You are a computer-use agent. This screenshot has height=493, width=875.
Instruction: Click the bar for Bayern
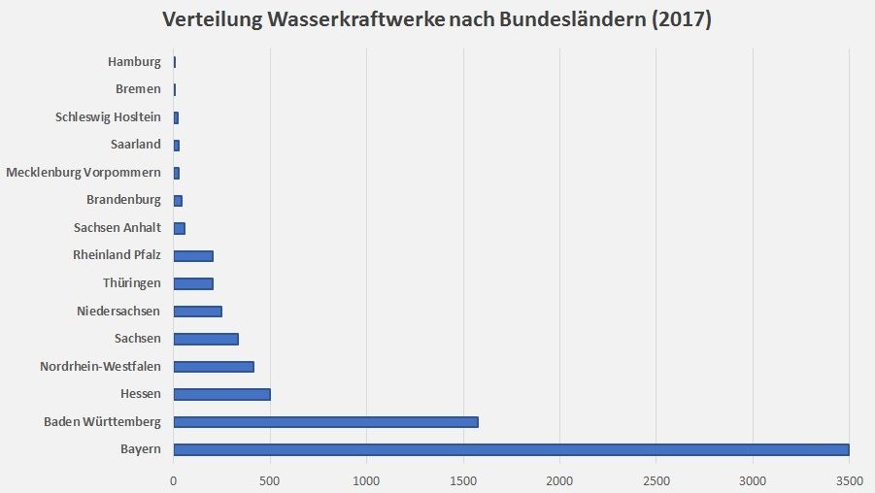click(511, 449)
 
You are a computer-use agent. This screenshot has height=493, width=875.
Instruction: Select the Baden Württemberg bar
click(325, 422)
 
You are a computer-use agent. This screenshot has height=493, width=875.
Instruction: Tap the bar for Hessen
click(221, 394)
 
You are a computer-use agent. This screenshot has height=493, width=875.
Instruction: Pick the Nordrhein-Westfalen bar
click(214, 367)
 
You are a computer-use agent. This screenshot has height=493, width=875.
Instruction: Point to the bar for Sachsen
click(206, 339)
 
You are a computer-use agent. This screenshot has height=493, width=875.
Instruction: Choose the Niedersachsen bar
click(197, 312)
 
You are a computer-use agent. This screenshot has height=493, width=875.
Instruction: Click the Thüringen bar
click(193, 283)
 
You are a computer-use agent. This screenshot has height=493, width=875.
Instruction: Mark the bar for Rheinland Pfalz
click(193, 256)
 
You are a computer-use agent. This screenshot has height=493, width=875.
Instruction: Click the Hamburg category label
click(134, 62)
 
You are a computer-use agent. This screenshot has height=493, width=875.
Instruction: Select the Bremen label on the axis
click(138, 89)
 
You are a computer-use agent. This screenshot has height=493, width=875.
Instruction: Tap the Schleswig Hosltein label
click(108, 117)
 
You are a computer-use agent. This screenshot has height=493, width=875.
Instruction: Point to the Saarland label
click(135, 145)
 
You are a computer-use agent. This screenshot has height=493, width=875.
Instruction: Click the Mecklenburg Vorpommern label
click(84, 173)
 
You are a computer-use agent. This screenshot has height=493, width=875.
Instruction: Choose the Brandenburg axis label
click(122, 200)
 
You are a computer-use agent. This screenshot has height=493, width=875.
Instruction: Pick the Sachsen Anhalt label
click(117, 228)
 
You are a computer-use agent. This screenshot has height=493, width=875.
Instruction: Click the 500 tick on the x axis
click(270, 479)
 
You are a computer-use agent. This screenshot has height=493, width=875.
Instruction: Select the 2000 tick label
click(559, 479)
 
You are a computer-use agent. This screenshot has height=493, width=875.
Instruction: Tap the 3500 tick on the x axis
click(849, 479)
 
